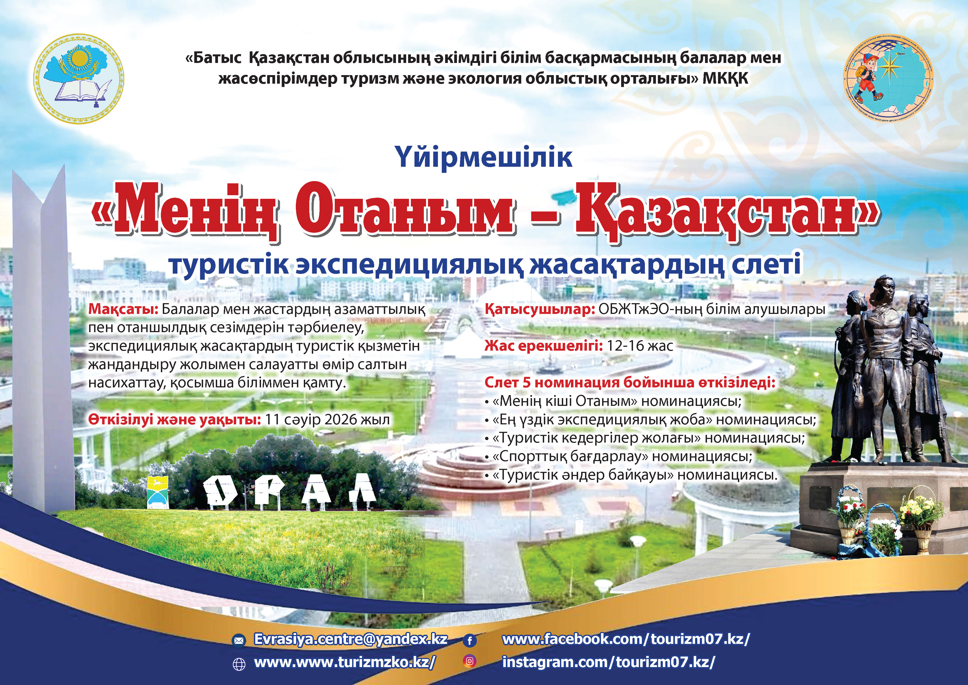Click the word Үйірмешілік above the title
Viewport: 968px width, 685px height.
(x=484, y=157)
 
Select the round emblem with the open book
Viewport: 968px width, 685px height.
(x=79, y=79)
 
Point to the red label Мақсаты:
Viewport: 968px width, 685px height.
(x=123, y=310)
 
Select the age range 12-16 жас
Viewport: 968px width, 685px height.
(x=640, y=346)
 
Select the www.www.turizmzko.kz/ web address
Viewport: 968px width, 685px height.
(x=344, y=662)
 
